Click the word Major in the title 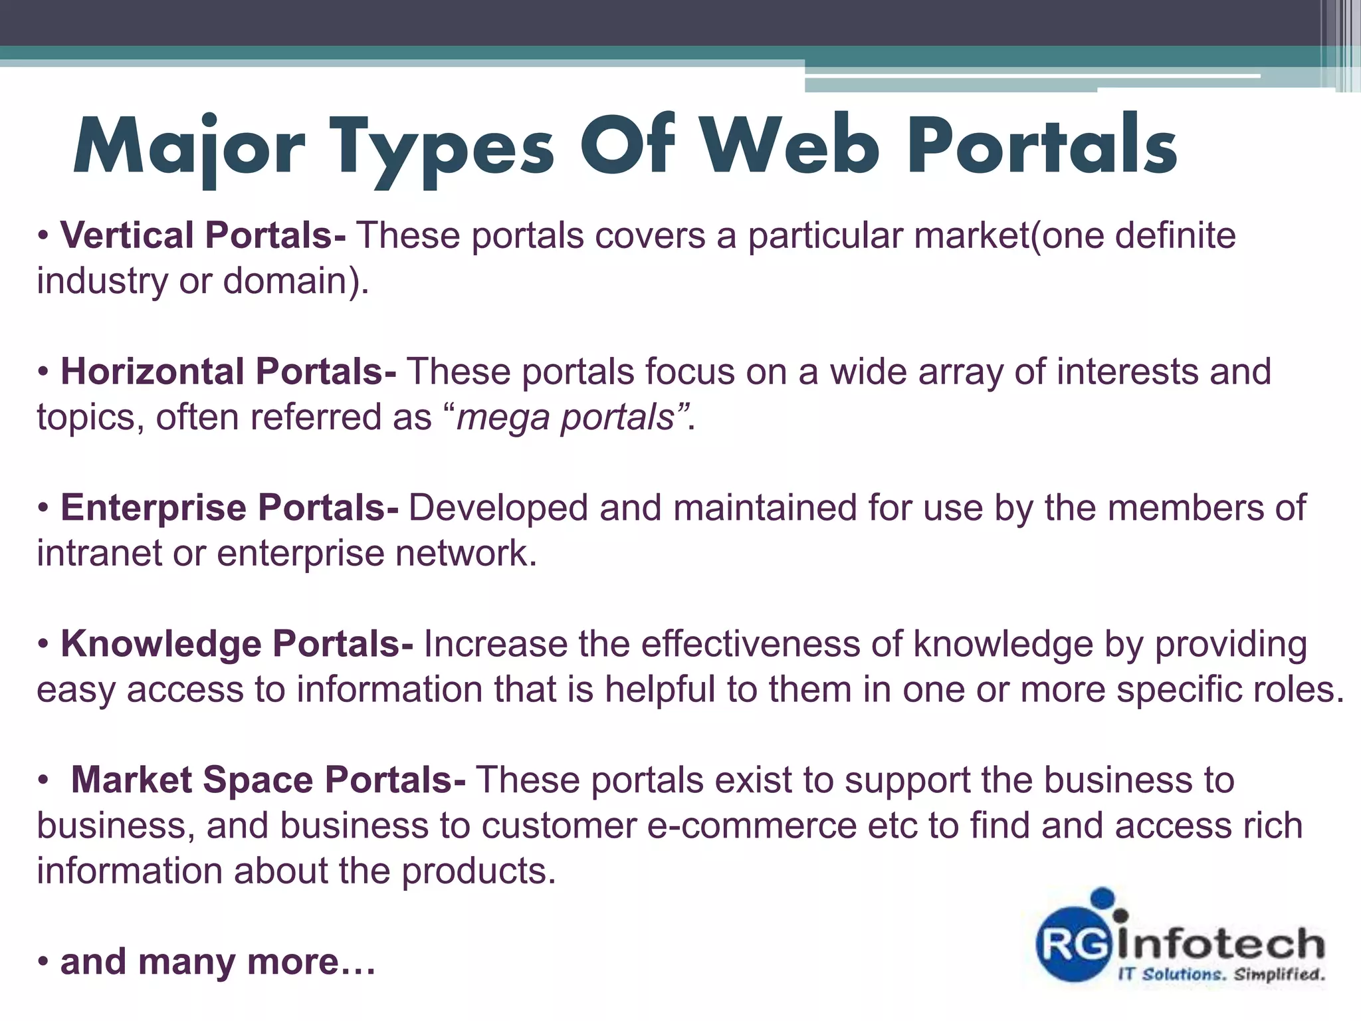pyautogui.click(x=189, y=148)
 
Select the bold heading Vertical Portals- pyautogui.click(x=203, y=235)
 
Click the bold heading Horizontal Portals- pyautogui.click(x=229, y=372)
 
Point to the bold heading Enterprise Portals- pyautogui.click(x=230, y=508)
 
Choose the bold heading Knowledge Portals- pyautogui.click(x=237, y=644)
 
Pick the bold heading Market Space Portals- pyautogui.click(x=268, y=780)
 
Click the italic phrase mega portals pyautogui.click(x=566, y=417)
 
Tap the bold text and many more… pyautogui.click(x=218, y=962)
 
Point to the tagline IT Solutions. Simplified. pyautogui.click(x=1221, y=975)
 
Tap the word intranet pyautogui.click(x=99, y=554)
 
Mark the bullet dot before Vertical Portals pyautogui.click(x=44, y=236)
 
